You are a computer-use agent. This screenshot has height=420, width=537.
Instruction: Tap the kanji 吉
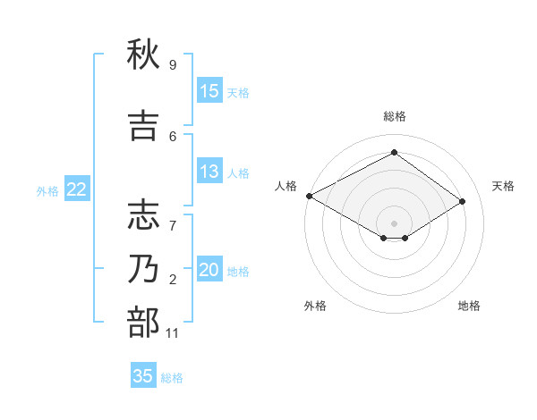[x=143, y=126]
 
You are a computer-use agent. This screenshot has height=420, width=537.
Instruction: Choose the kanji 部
[x=143, y=323]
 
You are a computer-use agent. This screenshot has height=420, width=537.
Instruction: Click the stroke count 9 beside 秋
[x=173, y=65]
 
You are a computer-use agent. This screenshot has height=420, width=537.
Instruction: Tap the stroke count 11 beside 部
[x=173, y=333]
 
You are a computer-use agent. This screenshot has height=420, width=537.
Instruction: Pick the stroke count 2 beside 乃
[x=173, y=280]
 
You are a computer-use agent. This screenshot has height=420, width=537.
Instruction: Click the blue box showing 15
[x=209, y=91]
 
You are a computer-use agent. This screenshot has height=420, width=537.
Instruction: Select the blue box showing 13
[x=209, y=172]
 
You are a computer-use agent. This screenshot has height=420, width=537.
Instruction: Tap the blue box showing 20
[x=209, y=270]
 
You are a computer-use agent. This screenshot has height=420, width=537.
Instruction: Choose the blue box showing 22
[x=76, y=189]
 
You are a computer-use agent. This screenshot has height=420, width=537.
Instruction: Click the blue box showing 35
[x=143, y=376]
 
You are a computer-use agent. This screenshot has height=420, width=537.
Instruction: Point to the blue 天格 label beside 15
[x=238, y=92]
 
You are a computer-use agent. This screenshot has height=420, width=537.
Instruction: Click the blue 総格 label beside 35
[x=172, y=377]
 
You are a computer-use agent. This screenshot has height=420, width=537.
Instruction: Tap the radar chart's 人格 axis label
[x=286, y=186]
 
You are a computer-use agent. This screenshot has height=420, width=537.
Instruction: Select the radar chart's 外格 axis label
[x=315, y=306]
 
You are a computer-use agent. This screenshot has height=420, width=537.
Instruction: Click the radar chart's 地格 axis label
[x=469, y=306]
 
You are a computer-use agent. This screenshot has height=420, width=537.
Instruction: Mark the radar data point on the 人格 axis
[x=309, y=196]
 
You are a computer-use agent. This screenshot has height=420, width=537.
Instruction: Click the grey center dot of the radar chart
[x=394, y=223]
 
